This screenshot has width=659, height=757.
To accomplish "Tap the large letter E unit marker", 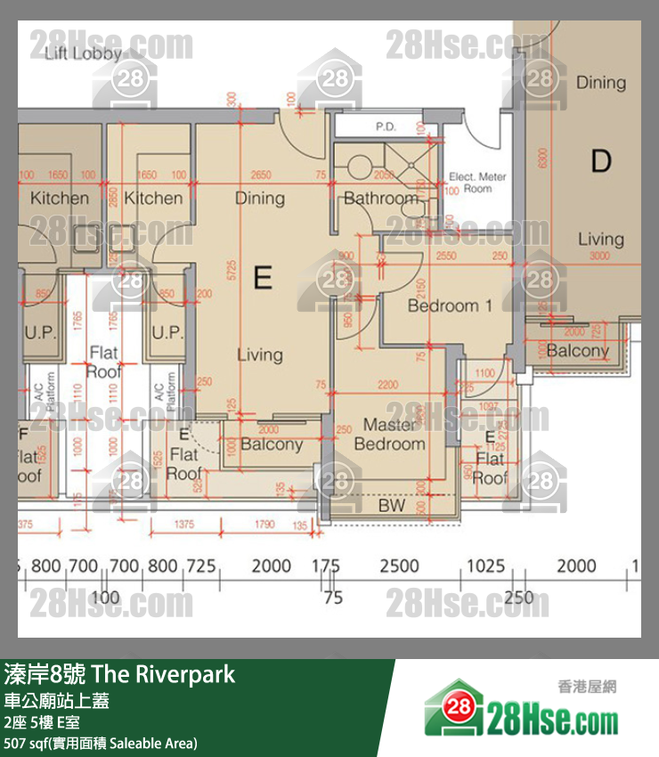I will (262, 279).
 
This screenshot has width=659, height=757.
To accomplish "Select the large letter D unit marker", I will (601, 161).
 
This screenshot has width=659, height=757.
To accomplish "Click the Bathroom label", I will (380, 199).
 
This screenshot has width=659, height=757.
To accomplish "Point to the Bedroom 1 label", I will (450, 305).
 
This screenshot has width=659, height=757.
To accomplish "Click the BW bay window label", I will (391, 506).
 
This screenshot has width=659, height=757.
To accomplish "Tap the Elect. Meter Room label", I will (477, 183).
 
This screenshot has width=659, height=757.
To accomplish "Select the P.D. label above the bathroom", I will (385, 127).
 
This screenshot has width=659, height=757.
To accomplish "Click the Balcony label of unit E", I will (272, 444).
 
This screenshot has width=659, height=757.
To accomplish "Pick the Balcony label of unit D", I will (577, 350).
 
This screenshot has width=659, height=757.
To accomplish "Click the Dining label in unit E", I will (260, 198).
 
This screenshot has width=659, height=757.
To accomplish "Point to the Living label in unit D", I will (600, 239).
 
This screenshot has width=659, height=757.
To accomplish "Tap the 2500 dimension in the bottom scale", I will (399, 566).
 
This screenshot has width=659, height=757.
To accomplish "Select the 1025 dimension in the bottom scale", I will (486, 566).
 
